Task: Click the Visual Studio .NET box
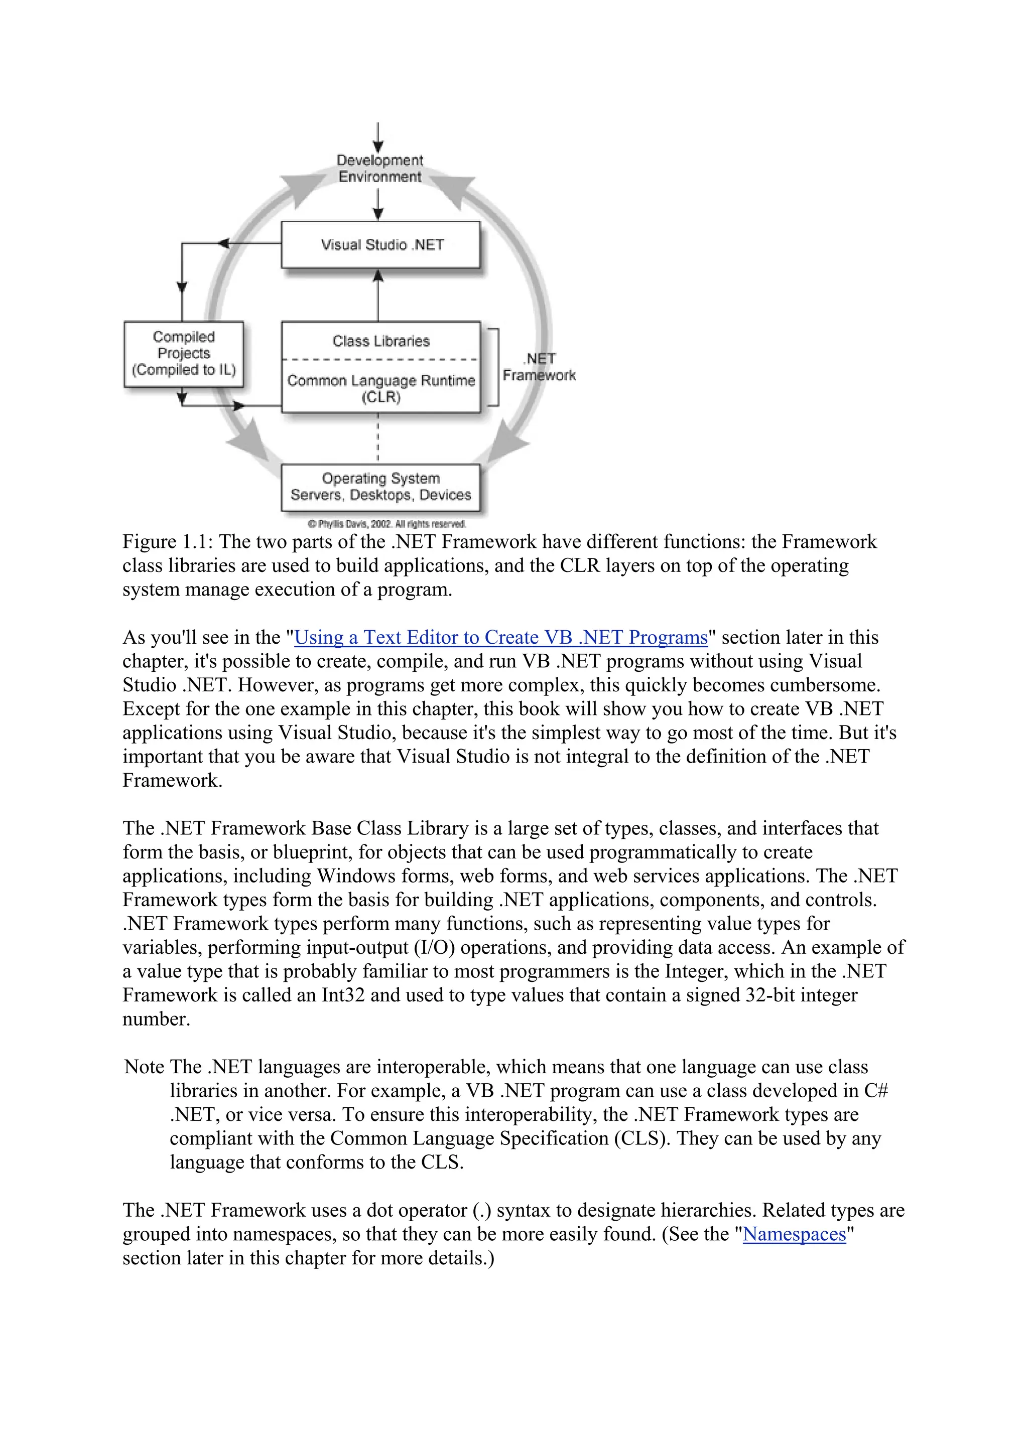click(x=380, y=244)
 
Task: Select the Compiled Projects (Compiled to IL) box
click(x=184, y=354)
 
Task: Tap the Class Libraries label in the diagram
click(x=380, y=341)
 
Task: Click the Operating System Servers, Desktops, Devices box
click(x=380, y=487)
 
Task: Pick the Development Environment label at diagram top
click(x=379, y=169)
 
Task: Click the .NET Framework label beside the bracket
click(x=540, y=367)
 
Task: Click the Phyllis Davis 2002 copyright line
click(x=387, y=524)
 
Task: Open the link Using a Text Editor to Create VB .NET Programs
click(x=501, y=637)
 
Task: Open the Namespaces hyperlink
click(x=794, y=1234)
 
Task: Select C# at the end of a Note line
click(x=876, y=1091)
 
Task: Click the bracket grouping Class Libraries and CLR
click(x=496, y=367)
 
